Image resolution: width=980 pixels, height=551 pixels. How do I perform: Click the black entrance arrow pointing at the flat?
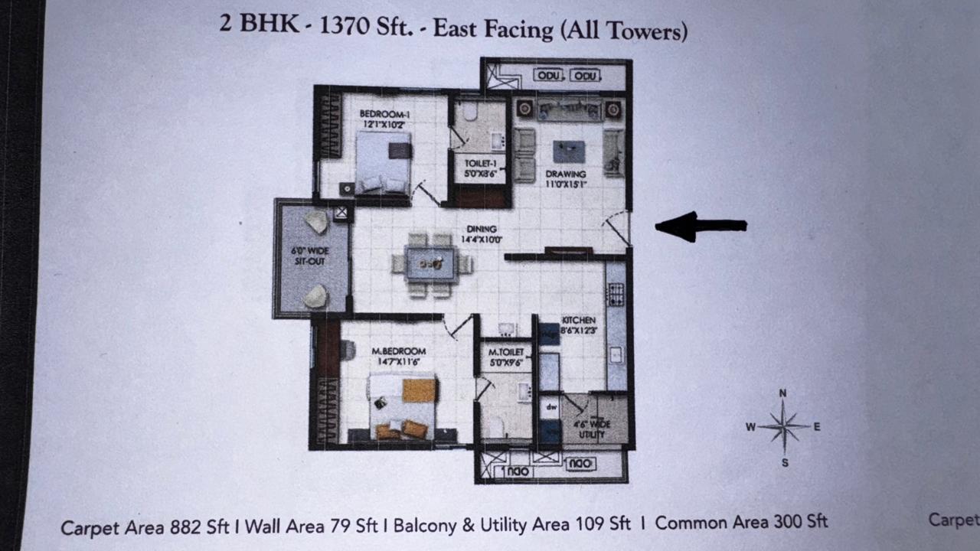click(x=700, y=226)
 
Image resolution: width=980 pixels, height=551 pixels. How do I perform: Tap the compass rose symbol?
click(x=783, y=427)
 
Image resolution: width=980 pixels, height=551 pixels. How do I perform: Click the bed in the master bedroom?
click(x=403, y=406)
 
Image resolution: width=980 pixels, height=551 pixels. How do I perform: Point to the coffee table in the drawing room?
click(x=568, y=151)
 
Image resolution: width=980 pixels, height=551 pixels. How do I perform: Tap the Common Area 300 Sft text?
click(x=741, y=523)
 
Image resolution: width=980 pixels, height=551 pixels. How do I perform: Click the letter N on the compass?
click(x=782, y=393)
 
